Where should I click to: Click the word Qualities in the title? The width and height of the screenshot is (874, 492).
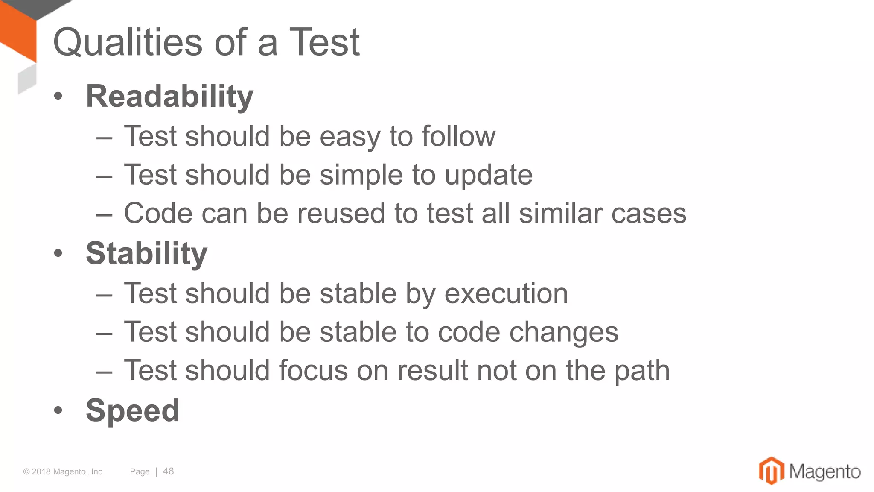(x=128, y=42)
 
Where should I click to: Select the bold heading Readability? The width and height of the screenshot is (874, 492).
(x=169, y=97)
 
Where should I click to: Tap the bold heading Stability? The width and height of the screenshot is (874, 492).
(x=146, y=253)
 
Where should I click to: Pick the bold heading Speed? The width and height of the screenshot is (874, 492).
(x=132, y=410)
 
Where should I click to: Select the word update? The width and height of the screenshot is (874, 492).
(x=489, y=175)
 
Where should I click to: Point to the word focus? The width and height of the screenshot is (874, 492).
(x=313, y=370)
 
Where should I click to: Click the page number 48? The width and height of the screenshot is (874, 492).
(x=169, y=471)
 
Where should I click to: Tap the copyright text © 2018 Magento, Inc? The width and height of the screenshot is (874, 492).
(x=64, y=472)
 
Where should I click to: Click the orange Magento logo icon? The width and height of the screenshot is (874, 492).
(x=771, y=471)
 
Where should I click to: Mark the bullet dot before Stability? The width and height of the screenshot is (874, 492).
(x=58, y=254)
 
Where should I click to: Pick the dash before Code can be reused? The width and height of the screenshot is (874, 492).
(x=104, y=214)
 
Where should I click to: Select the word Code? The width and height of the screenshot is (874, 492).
(x=158, y=213)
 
